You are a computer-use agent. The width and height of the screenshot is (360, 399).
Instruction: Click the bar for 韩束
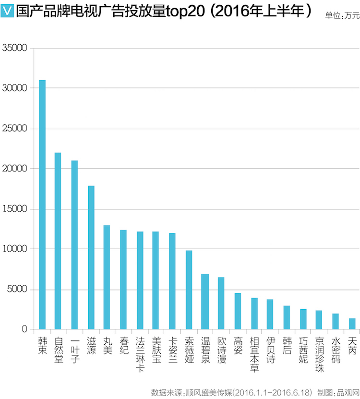pyautogui.click(x=42, y=205)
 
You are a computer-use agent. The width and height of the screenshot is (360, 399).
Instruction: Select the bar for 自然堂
pyautogui.click(x=58, y=241)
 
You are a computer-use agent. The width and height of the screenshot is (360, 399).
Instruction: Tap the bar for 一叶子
pyautogui.click(x=74, y=245)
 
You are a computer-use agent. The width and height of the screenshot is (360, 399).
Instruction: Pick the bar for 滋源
pyautogui.click(x=91, y=257)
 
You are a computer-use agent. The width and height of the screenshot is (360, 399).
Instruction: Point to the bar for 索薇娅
pyautogui.click(x=189, y=290)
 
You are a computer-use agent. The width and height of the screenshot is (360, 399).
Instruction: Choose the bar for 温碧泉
pyautogui.click(x=205, y=302)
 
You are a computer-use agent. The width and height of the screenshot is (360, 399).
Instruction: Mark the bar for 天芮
pyautogui.click(x=352, y=324)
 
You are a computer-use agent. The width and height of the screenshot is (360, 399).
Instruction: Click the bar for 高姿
pyautogui.click(x=238, y=311)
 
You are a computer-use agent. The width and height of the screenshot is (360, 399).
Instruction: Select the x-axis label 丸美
pyautogui.click(x=108, y=346)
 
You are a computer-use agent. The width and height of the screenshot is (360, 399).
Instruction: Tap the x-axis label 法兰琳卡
pyautogui.click(x=140, y=354)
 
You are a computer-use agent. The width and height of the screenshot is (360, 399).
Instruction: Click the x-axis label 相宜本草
pyautogui.click(x=254, y=354)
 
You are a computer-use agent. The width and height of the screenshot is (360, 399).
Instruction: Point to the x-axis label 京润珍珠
pyautogui.click(x=320, y=354)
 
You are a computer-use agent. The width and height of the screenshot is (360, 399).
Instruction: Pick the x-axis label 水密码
pyautogui.click(x=336, y=350)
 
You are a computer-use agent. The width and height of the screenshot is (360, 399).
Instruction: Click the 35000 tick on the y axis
pyautogui.click(x=14, y=48)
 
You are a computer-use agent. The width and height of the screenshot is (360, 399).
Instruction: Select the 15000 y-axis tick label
pyautogui.click(x=14, y=209)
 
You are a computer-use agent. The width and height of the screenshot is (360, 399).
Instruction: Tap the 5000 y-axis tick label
pyautogui.click(x=17, y=290)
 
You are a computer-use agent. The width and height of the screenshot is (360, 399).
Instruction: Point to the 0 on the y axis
pyautogui.click(x=24, y=329)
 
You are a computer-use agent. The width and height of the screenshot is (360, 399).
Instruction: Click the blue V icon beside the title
pyautogui.click(x=7, y=11)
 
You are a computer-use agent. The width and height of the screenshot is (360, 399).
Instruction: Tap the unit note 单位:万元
pyautogui.click(x=342, y=15)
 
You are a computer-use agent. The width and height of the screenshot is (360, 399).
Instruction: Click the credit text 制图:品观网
pyautogui.click(x=338, y=392)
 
